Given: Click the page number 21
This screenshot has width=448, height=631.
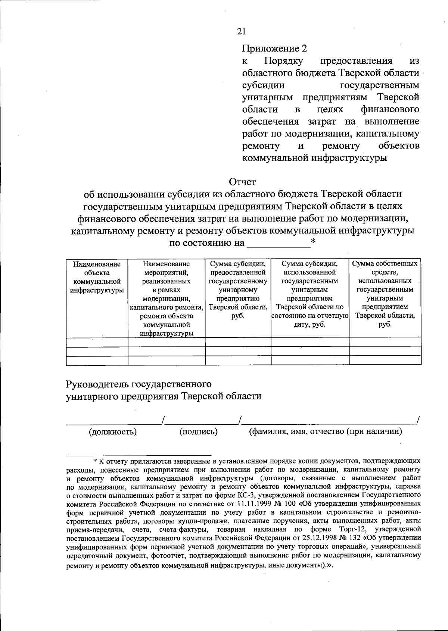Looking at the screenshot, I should (x=241, y=31).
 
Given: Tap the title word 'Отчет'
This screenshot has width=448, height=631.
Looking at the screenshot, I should (x=242, y=182).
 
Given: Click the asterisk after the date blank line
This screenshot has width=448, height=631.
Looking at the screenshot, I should (x=313, y=242).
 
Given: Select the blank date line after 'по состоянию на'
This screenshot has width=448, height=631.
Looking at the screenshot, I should (x=279, y=246).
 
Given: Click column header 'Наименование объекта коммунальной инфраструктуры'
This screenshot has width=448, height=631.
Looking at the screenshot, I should (x=97, y=277).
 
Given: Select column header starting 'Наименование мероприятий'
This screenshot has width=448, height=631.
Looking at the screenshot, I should (x=166, y=298).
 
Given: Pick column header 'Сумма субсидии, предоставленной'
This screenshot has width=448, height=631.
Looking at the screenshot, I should (x=238, y=290).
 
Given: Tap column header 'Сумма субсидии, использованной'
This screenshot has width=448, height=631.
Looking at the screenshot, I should (x=309, y=294).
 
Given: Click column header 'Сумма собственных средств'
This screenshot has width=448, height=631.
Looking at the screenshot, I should (x=385, y=294).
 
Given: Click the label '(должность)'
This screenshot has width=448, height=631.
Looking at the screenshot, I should (x=112, y=432).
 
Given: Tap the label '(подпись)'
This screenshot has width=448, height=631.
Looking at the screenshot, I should (x=199, y=432).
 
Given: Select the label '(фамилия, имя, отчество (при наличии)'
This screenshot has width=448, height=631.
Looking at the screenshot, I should (x=325, y=432).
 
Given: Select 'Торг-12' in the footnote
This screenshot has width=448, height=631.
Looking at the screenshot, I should (x=351, y=529).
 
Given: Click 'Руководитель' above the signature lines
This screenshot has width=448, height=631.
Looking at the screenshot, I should (x=97, y=384).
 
